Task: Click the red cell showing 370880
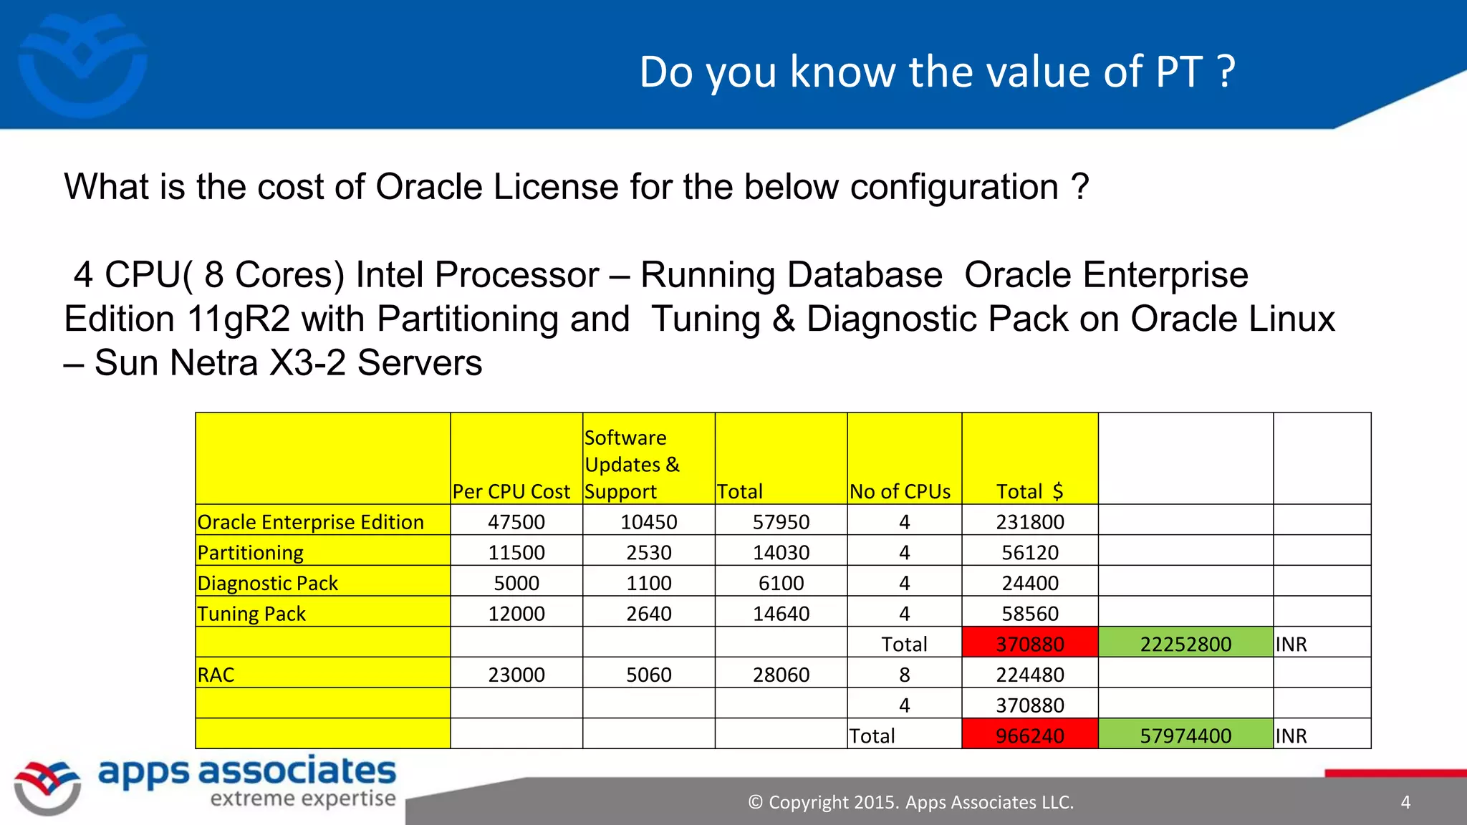coord(1029,643)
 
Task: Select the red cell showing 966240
coord(1029,735)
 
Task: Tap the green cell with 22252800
coord(1185,643)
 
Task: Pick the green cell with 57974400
coord(1185,735)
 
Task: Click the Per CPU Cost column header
coord(511,491)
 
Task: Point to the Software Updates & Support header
coord(632,464)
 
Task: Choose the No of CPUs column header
coord(900,491)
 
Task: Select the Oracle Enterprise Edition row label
coord(311,522)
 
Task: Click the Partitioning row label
coord(251,552)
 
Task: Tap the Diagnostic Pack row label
coord(268,583)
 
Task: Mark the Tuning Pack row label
coord(251,614)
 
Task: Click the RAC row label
coord(216,675)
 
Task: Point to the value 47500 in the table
coord(516,522)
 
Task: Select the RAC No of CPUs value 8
coord(905,675)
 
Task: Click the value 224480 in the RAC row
coord(1029,675)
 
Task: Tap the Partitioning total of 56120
coord(1029,552)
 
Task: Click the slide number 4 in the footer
coord(1405,802)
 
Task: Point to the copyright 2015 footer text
coord(910,802)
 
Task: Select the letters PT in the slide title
coord(1178,72)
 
